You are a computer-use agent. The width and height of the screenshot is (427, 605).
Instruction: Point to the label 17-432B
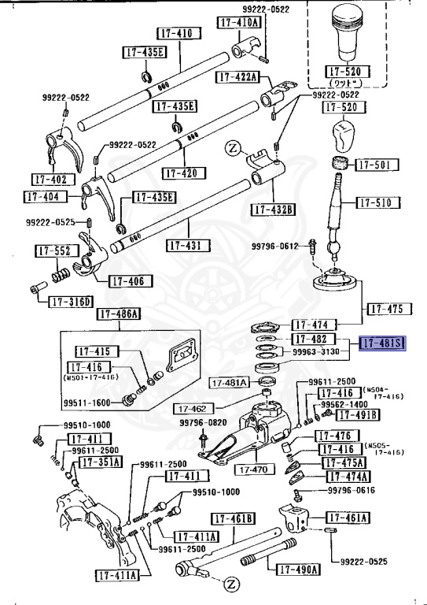pyautogui.click(x=273, y=209)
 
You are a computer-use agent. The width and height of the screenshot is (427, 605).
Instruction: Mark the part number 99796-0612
pyautogui.click(x=275, y=247)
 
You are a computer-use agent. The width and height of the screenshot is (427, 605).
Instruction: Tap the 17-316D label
pyautogui.click(x=71, y=302)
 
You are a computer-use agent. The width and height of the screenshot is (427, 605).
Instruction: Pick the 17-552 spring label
pyautogui.click(x=53, y=251)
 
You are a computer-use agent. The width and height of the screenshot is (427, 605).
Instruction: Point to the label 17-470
pyautogui.click(x=251, y=469)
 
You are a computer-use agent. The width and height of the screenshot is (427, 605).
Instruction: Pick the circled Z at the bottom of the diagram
pyautogui.click(x=231, y=584)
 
